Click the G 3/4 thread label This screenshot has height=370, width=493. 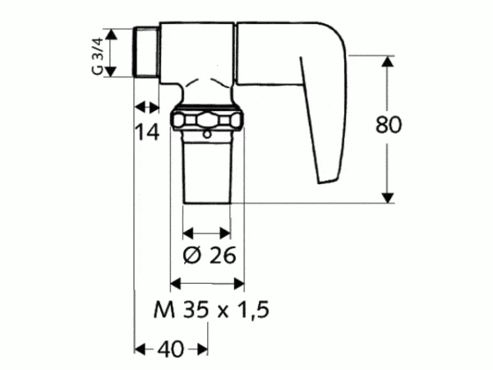(x=97, y=55)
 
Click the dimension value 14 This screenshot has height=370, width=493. (x=148, y=131)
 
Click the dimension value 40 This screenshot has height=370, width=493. (x=172, y=349)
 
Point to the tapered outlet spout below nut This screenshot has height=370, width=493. (x=206, y=169)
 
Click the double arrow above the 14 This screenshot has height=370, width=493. (x=146, y=106)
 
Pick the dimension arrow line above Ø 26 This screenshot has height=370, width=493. (x=206, y=232)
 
